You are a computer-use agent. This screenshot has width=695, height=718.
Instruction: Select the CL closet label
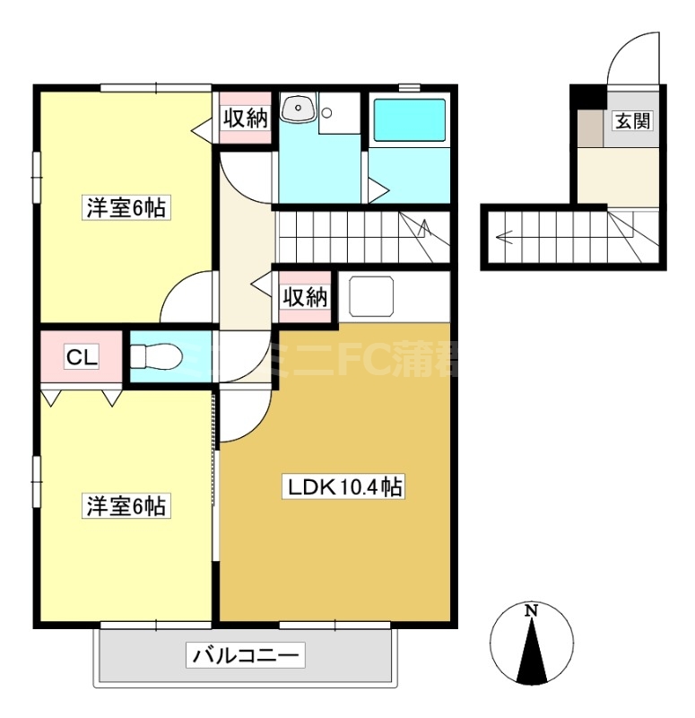[x=81, y=358]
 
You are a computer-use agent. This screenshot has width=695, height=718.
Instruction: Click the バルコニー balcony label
[x=246, y=655]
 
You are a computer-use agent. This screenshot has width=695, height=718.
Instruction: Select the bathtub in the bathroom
[x=409, y=121]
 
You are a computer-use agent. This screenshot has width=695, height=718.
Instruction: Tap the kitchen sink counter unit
[x=372, y=296]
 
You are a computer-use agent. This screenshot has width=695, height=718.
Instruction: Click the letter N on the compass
[x=531, y=611]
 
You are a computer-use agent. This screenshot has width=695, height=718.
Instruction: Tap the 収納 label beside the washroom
[x=245, y=118]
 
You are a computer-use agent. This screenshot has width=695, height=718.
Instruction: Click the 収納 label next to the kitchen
[x=306, y=297]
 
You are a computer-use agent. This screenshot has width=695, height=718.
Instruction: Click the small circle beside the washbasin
[x=329, y=114]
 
